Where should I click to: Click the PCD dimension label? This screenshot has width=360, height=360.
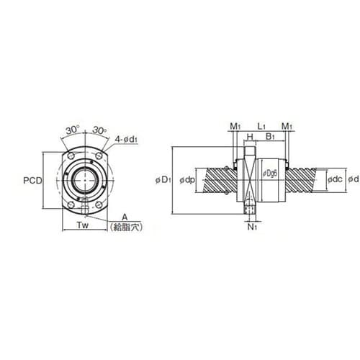click(32, 180)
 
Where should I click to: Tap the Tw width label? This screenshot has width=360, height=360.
click(83, 225)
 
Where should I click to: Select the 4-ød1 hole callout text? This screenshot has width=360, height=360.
click(126, 139)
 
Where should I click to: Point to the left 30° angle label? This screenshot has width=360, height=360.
click(73, 130)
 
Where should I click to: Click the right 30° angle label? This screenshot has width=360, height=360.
click(99, 130)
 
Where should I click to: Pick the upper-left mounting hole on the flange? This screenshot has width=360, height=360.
click(71, 156)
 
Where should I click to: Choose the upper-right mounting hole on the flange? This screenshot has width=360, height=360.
click(99, 156)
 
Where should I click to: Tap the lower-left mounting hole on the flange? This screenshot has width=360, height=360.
click(71, 205)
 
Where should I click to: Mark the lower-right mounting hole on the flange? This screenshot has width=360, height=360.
click(99, 205)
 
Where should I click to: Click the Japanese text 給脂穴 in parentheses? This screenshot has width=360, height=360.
click(126, 227)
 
